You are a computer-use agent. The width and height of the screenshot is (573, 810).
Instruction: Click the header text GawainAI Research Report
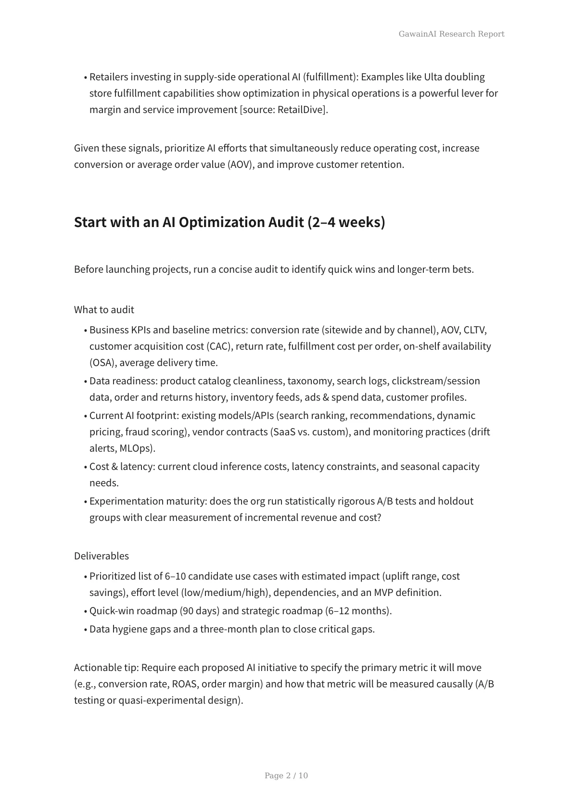point(451,34)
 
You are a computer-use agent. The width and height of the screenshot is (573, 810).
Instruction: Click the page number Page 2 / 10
point(286,775)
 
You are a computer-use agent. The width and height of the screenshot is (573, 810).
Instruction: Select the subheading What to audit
point(104,310)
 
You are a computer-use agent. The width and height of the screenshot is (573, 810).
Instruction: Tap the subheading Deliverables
point(102,556)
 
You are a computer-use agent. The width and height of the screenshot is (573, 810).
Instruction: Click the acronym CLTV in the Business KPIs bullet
point(475,330)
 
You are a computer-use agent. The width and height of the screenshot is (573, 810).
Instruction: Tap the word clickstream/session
point(435,381)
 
